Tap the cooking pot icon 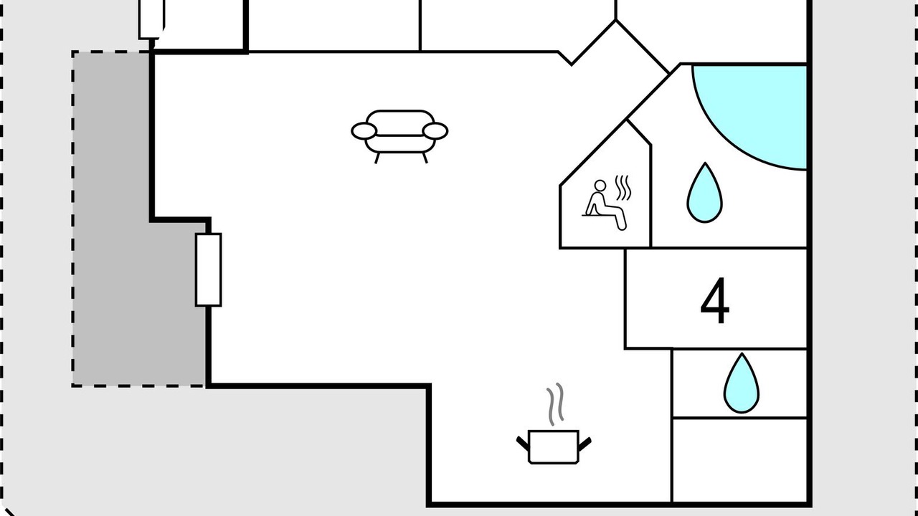554,446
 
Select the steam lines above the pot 555,404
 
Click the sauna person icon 605,205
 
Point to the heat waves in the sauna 623,188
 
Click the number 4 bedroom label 715,301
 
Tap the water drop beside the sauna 704,193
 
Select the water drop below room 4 742,383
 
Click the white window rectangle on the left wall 209,270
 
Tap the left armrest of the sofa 364,131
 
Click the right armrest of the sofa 435,131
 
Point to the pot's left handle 523,444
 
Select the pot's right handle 585,444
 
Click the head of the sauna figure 600,186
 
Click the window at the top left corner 151,19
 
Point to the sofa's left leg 377,158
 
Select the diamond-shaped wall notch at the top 615,45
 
